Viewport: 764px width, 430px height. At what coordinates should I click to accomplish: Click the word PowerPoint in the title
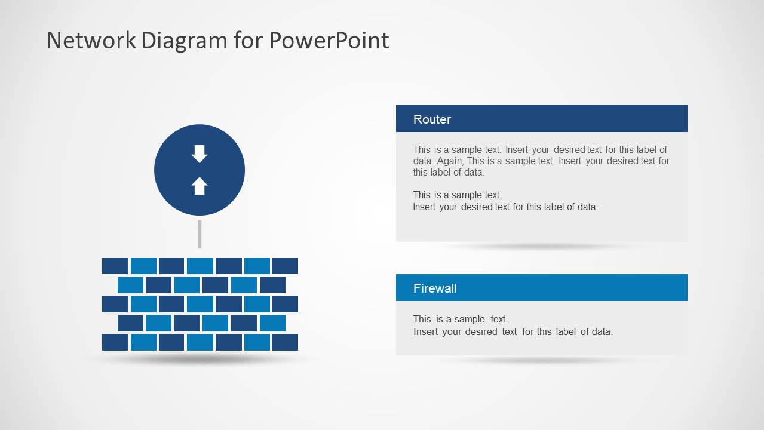pos(329,41)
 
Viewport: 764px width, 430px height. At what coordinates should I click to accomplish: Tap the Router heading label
pos(432,119)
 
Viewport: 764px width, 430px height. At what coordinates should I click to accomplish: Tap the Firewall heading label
pos(435,288)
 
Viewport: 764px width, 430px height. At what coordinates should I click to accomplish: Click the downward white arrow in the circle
pos(200,154)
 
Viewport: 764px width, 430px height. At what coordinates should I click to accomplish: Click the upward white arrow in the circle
pos(200,186)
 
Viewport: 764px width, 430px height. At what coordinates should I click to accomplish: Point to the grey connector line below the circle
pos(200,234)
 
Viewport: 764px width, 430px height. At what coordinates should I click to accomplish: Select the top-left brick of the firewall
pos(115,266)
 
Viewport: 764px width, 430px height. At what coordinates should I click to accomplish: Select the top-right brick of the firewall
pos(285,266)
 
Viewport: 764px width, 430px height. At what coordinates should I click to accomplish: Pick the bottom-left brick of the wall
pos(115,342)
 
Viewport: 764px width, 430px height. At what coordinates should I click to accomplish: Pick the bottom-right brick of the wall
pos(285,342)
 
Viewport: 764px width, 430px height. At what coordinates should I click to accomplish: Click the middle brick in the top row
pos(200,266)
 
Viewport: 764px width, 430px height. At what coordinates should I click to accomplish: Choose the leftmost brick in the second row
pos(130,285)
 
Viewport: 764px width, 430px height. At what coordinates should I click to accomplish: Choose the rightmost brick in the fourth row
pos(272,323)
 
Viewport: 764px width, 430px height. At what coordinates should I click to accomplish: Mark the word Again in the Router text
pos(450,161)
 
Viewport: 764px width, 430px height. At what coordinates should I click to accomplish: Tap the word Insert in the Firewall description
pos(426,332)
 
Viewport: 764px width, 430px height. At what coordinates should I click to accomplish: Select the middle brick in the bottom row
pos(200,342)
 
